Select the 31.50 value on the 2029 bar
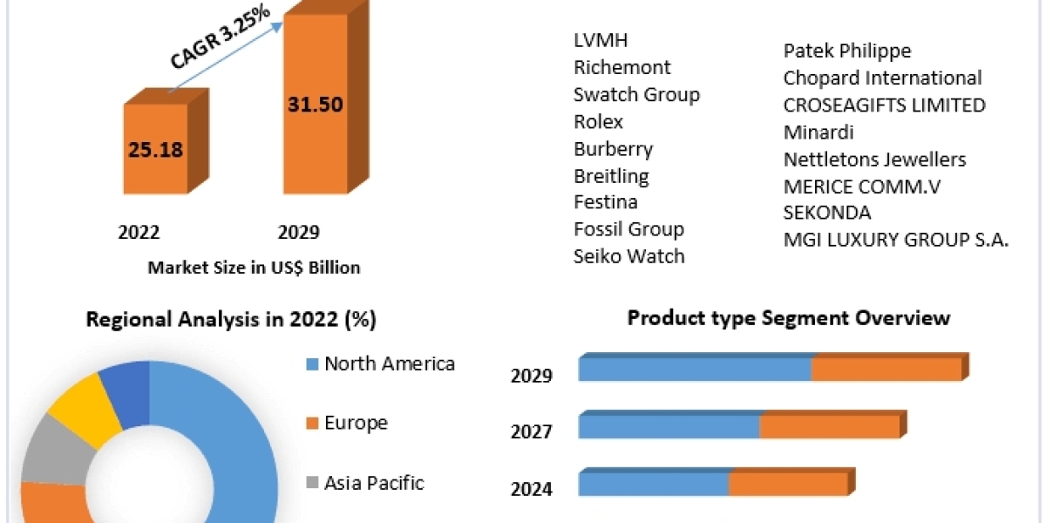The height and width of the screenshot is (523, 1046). coord(316,105)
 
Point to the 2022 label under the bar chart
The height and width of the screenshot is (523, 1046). coord(139,232)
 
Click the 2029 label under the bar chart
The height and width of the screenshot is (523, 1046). coord(298,232)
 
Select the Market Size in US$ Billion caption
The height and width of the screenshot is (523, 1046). coord(254,268)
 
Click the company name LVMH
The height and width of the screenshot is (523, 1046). coord(601,40)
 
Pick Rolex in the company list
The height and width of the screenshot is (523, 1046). coord(598,121)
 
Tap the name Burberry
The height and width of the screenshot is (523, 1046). coord(613,148)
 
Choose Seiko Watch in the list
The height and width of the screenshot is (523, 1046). coord(628,255)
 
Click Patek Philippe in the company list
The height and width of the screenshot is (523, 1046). coord(846,51)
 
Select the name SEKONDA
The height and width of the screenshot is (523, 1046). coord(827,213)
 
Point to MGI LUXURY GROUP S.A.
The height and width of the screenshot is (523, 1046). coord(896,240)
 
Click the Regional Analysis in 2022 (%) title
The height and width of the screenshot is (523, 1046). coord(231,320)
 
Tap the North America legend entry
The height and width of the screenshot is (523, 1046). coord(389,363)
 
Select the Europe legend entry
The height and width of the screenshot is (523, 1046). coord(356,423)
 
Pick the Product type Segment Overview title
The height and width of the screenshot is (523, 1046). coord(789,318)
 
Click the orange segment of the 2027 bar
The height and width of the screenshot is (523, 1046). coord(829,427)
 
